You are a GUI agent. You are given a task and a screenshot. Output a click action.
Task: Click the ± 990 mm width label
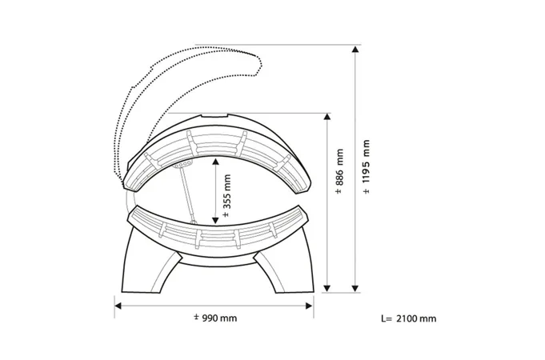point(215,318)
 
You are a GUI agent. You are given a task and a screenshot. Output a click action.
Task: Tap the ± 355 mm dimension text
point(226,196)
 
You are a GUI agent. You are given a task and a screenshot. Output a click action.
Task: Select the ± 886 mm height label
point(339,171)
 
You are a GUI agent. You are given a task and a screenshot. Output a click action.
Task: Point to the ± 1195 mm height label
point(366,166)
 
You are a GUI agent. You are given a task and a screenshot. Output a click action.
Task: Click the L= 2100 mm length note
point(408,318)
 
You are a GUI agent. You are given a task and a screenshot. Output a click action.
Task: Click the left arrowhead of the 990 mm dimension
point(118,306)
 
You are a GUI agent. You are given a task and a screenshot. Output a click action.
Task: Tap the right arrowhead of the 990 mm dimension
point(309,306)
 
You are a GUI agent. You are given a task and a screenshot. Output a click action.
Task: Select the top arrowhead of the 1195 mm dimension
point(355,49)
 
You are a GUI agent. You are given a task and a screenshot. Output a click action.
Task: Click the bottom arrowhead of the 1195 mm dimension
point(355,289)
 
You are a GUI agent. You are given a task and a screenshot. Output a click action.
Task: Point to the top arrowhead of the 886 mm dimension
point(327,117)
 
